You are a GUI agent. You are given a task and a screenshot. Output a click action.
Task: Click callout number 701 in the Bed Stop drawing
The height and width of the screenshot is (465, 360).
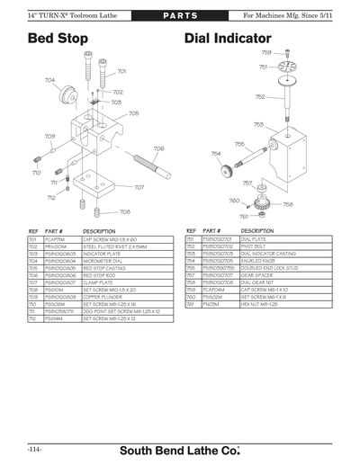(121, 71)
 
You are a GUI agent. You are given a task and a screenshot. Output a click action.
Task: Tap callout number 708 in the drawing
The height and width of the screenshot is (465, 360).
(124, 212)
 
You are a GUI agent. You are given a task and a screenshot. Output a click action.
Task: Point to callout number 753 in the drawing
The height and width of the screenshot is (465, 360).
(258, 124)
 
